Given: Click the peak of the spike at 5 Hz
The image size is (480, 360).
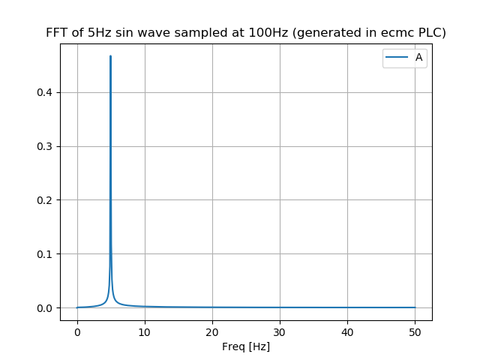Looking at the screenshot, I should click(x=110, y=56).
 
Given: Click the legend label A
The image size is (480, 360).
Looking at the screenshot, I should click(x=418, y=58).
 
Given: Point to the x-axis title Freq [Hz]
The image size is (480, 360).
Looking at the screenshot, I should click(x=246, y=346).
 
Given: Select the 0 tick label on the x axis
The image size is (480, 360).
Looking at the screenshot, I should click(x=77, y=331).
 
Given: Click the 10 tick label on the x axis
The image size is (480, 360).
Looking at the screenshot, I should click(x=145, y=331).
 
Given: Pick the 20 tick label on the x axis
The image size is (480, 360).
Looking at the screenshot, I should click(x=212, y=331).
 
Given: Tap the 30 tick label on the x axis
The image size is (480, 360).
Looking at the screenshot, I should click(x=280, y=331).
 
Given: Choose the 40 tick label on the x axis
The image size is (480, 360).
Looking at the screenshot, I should click(x=347, y=331).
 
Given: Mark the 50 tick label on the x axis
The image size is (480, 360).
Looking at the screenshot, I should click(x=415, y=331).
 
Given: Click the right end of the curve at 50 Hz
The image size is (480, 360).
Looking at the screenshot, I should click(x=415, y=307).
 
